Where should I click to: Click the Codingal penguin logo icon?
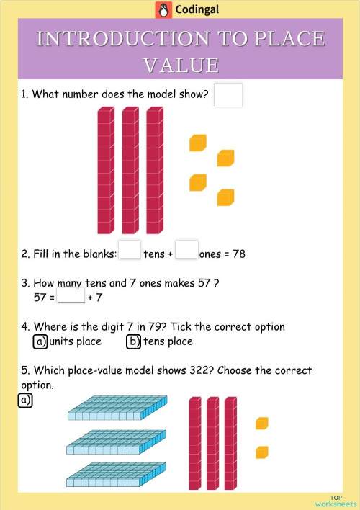click(163, 10)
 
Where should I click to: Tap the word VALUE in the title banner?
click(181, 65)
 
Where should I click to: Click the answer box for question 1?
click(228, 95)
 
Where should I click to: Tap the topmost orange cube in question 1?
click(198, 143)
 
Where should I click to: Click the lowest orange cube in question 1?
click(226, 197)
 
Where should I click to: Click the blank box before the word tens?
click(130, 250)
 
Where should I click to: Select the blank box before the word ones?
click(186, 250)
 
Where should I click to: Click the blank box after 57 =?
click(71, 296)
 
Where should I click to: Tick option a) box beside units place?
click(40, 341)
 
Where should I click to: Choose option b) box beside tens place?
click(133, 341)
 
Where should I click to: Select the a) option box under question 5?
click(25, 401)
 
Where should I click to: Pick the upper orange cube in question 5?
click(262, 423)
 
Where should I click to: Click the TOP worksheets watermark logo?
click(336, 501)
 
